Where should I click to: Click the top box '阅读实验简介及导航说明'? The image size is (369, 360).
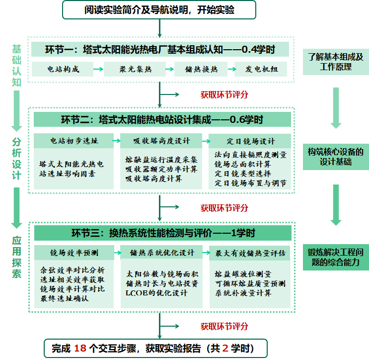click(x=159, y=10)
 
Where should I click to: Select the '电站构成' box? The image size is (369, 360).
click(x=63, y=69)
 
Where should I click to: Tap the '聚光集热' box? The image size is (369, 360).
click(x=135, y=69)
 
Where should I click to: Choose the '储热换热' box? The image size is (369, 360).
click(x=201, y=69)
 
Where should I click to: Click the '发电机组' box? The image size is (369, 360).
click(x=261, y=69)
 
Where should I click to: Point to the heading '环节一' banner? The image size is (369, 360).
click(x=160, y=49)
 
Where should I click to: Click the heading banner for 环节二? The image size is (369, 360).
click(x=162, y=119)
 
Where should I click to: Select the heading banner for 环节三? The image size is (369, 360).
click(x=163, y=233)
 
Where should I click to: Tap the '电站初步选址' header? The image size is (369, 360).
click(x=74, y=141)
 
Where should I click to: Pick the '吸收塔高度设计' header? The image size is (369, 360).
click(x=161, y=141)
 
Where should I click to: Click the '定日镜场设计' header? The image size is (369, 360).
click(x=250, y=141)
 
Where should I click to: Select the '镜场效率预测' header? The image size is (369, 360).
click(x=74, y=253)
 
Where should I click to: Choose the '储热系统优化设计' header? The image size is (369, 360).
click(x=162, y=253)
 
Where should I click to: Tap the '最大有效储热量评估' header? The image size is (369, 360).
click(x=250, y=253)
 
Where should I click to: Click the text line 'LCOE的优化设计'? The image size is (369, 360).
click(x=156, y=293)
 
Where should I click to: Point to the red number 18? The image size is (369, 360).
click(x=80, y=348)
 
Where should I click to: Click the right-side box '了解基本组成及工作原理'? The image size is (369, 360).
click(x=336, y=62)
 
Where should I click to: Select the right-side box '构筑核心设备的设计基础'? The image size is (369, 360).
click(x=336, y=157)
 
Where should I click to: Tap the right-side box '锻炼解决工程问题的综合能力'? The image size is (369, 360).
click(x=336, y=257)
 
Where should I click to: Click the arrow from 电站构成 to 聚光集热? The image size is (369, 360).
click(x=99, y=69)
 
